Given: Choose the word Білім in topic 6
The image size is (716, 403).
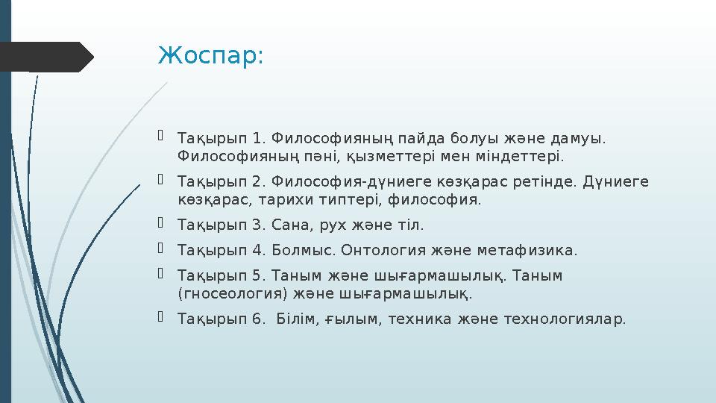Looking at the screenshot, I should (x=298, y=319).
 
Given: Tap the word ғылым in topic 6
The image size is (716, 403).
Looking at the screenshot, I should (x=354, y=319).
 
